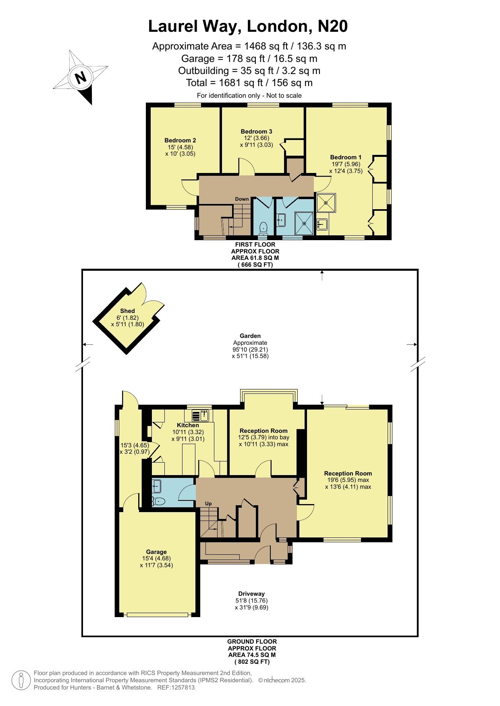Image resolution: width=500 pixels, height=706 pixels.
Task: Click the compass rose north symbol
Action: pyautogui.click(x=81, y=77)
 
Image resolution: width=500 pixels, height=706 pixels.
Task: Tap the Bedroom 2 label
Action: pyautogui.click(x=180, y=140)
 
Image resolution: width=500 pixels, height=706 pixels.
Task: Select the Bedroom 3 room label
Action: pyautogui.click(x=256, y=132)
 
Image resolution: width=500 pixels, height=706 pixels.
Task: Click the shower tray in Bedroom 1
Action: pyautogui.click(x=326, y=203)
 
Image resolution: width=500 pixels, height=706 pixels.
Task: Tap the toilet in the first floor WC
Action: pyautogui.click(x=264, y=228)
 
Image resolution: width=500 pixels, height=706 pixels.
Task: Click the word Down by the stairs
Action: pyautogui.click(x=242, y=199)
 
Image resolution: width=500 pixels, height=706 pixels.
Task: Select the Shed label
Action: pyautogui.click(x=127, y=311)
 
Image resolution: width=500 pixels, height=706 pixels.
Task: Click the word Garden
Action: pyautogui.click(x=250, y=336)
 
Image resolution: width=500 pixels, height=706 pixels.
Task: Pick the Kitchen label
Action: pyautogui.click(x=188, y=425)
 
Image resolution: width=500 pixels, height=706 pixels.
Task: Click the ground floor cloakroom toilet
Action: pyautogui.click(x=159, y=501)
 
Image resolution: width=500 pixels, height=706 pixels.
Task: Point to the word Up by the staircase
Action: pyautogui.click(x=208, y=504)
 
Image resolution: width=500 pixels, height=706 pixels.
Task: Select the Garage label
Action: pyautogui.click(x=156, y=552)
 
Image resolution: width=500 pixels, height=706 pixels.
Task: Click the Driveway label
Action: pyautogui.click(x=251, y=594)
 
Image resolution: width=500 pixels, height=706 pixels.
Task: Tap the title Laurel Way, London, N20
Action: pyautogui.click(x=248, y=27)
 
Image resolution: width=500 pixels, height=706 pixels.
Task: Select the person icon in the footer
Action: pyautogui.click(x=21, y=680)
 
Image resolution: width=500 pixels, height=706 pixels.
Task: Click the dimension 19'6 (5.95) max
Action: pyautogui.click(x=348, y=480)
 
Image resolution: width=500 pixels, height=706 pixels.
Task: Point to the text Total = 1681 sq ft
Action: pyautogui.click(x=223, y=83)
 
